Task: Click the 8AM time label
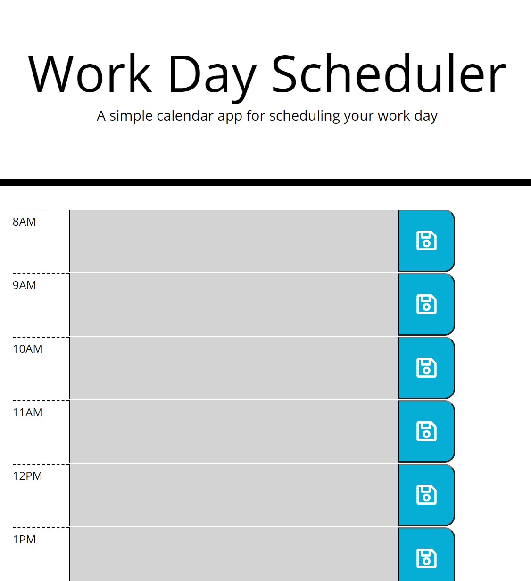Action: coord(25,222)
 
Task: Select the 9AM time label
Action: coord(25,285)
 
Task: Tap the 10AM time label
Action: coord(27,349)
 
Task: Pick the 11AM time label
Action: coord(27,412)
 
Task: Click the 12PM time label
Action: coord(27,476)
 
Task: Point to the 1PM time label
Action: coord(25,539)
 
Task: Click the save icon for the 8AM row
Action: coord(426,241)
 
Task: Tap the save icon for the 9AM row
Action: coord(426,304)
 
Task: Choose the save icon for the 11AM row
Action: coord(426,431)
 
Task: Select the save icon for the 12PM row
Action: coord(426,495)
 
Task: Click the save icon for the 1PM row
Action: coord(426,558)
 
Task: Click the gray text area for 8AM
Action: coord(234,241)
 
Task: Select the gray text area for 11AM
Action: coord(234,432)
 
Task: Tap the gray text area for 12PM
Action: coord(234,495)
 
